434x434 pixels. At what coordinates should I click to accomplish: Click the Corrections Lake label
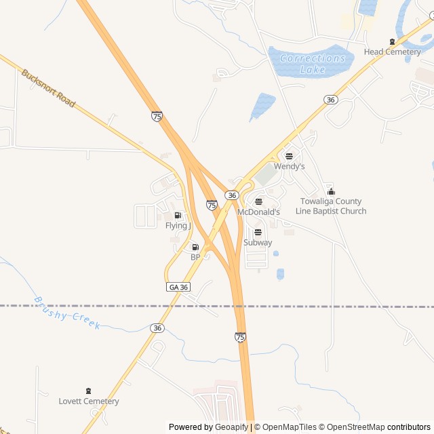312,63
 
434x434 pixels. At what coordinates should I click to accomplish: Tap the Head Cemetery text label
392,52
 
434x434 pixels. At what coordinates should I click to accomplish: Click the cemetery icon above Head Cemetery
392,41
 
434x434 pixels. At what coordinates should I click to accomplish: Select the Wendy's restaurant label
290,166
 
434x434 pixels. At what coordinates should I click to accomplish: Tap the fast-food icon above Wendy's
290,156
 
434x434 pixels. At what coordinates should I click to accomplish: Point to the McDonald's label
258,212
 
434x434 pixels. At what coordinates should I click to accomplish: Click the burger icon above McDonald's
258,201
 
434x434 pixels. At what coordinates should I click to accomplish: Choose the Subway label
258,242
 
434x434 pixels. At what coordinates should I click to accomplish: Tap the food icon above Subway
258,232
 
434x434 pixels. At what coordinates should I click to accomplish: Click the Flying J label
178,226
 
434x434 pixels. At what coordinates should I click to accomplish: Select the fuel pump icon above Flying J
178,215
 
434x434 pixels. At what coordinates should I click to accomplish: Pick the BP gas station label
195,257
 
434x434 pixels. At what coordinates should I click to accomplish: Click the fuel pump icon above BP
195,247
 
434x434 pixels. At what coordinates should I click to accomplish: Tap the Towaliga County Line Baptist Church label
331,206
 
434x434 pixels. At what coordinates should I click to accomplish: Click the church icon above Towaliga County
331,191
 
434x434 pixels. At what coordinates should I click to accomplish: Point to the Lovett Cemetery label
89,401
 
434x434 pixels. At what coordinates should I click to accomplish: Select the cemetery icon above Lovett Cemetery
88,391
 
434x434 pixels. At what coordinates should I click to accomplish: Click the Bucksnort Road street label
47,88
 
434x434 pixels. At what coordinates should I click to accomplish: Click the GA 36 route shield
178,287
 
